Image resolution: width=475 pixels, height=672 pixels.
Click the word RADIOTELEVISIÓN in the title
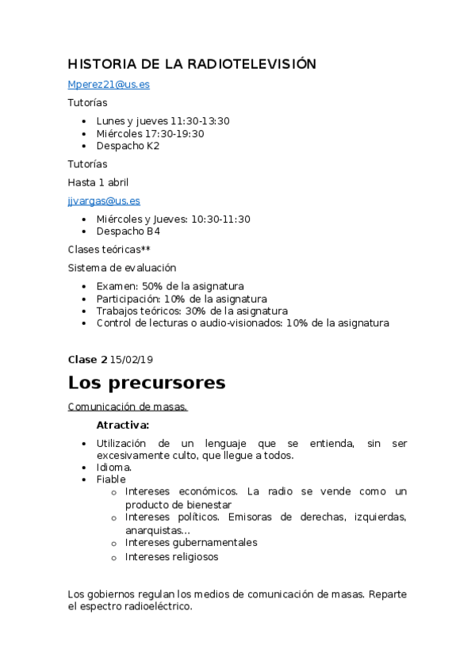(x=257, y=64)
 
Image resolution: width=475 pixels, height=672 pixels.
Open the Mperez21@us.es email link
(x=109, y=84)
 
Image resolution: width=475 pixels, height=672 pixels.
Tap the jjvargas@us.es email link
(x=104, y=200)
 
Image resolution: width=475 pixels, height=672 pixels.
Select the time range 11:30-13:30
(x=200, y=120)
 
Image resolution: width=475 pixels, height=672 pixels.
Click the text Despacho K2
(x=128, y=146)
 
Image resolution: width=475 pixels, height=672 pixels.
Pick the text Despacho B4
(x=128, y=231)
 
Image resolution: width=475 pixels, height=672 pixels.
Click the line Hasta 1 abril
(x=98, y=182)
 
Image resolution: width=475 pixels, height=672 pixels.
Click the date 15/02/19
(x=132, y=359)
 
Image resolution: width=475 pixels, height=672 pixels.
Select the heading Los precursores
(x=147, y=383)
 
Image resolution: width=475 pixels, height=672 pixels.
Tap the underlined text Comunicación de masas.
(x=128, y=407)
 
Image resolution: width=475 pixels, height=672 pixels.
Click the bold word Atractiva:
(x=123, y=426)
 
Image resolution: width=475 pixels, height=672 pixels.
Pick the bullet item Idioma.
(x=113, y=468)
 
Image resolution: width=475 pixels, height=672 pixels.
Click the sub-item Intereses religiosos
(x=171, y=557)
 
